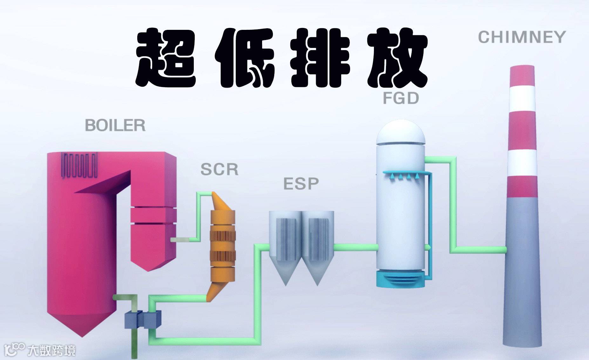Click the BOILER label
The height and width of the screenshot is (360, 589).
point(115,125)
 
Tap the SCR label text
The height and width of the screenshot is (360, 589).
point(219,170)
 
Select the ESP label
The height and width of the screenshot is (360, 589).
point(301,184)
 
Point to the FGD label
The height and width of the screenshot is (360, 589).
point(401,98)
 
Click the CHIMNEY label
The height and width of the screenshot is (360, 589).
point(522,37)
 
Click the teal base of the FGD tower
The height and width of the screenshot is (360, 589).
point(400,279)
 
